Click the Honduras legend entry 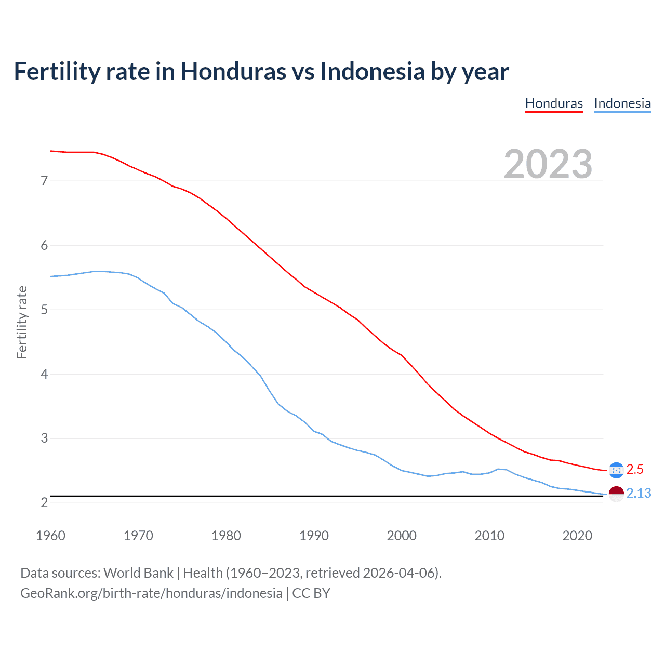pos(554,103)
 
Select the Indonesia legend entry pos(622,103)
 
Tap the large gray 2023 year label pos(548,164)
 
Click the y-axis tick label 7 pos(44,181)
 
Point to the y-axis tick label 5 pos(44,310)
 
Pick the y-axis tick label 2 pos(44,502)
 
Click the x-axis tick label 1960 pos(50,536)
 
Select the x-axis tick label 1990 pos(314,536)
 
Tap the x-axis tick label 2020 pos(577,536)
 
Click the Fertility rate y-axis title pos(22,322)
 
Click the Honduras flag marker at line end pos(616,470)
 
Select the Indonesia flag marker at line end pos(616,494)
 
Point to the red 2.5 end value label pos(635,470)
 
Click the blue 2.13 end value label pos(639,494)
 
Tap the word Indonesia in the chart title pos(372,71)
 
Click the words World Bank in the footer pos(138,573)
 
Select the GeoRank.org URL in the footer pos(151,593)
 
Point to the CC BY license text pos(311,593)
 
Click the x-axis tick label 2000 pos(402,536)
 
